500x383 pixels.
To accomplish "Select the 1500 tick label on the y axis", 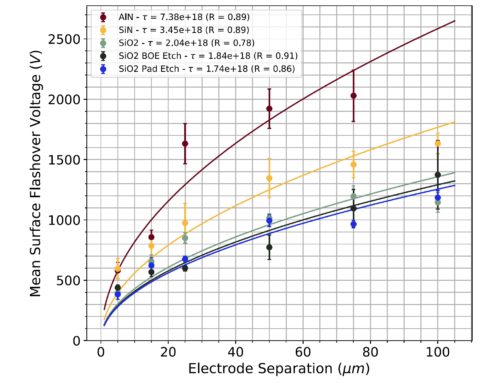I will [69, 159].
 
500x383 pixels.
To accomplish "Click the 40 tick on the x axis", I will [235, 352].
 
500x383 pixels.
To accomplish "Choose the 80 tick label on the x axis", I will [370, 352].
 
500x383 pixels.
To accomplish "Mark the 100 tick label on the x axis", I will [437, 352].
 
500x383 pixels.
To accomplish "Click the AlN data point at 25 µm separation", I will [185, 144].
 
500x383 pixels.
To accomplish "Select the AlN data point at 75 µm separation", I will [353, 96].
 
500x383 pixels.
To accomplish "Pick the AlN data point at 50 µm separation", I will [269, 109].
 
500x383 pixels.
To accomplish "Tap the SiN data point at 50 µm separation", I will [269, 178].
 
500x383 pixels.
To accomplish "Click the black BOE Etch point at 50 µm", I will [269, 247].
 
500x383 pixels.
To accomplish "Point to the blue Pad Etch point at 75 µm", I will [353, 224].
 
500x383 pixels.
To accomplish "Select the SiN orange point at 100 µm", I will [437, 143].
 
